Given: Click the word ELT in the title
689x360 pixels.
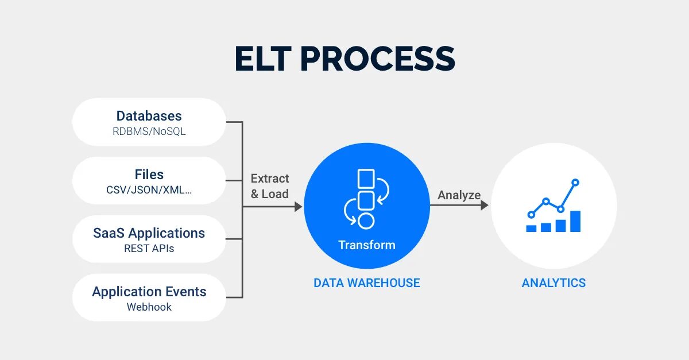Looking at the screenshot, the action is (x=263, y=59).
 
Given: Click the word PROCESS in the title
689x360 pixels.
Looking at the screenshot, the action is (x=378, y=59).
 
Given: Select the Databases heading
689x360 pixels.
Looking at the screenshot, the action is (x=149, y=116).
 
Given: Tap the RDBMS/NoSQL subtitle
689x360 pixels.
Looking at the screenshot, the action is (x=149, y=131).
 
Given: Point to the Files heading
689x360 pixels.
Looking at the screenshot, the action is (x=149, y=175).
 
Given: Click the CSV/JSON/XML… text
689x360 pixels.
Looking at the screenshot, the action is (x=149, y=190).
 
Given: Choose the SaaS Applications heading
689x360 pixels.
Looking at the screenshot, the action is (x=149, y=233).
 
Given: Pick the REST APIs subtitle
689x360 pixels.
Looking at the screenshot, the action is (x=149, y=248).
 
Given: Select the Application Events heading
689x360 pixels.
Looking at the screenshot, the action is (x=149, y=292).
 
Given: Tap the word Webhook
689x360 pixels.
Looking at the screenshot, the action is (x=149, y=307).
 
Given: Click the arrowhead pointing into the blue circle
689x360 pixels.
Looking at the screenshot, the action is (x=299, y=207).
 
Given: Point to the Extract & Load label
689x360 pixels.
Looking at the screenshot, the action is (x=270, y=186).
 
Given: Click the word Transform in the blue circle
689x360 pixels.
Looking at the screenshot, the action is (x=367, y=245).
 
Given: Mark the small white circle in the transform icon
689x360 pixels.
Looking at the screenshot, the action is (x=366, y=221).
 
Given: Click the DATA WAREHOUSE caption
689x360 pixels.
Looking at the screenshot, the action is (x=367, y=283).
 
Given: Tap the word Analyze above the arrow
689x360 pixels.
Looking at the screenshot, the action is (x=459, y=195).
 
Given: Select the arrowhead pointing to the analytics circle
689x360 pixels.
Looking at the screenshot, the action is (x=485, y=205).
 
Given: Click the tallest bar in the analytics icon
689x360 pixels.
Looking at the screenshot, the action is (x=575, y=221).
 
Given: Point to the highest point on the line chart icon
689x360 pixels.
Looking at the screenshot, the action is (x=575, y=183).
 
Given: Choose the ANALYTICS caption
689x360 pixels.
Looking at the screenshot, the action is (x=553, y=283).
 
